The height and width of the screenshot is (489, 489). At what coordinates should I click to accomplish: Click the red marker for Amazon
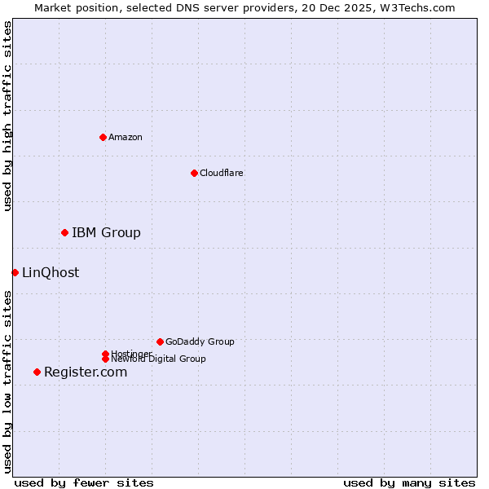point(103,137)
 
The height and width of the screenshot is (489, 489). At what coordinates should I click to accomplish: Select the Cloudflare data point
point(194,173)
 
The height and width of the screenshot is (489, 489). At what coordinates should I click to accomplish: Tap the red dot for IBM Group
point(64,233)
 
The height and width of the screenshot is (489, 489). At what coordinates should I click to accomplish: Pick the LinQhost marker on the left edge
point(15,272)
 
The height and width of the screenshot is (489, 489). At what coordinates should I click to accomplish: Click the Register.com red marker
point(37,372)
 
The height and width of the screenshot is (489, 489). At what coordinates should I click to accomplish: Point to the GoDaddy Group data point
point(160,341)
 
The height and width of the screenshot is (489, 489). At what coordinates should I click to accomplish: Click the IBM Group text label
point(106,233)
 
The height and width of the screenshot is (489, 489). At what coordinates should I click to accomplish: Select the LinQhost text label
point(51,273)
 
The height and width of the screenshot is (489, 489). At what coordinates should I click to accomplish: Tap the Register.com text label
point(86,372)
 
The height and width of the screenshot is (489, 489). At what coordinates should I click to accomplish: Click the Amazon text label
point(126,137)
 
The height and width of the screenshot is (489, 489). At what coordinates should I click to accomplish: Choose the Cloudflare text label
point(222,173)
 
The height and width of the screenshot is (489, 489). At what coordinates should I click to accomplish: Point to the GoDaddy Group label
point(200,341)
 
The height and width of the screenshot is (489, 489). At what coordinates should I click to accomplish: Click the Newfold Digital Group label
point(158,359)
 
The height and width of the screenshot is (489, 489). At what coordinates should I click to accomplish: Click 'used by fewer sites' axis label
point(84,482)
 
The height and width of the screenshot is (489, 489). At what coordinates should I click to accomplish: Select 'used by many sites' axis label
point(409,482)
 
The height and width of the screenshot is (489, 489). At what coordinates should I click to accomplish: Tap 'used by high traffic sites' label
point(7,116)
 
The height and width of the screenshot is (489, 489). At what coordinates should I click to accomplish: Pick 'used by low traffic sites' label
point(7,381)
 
